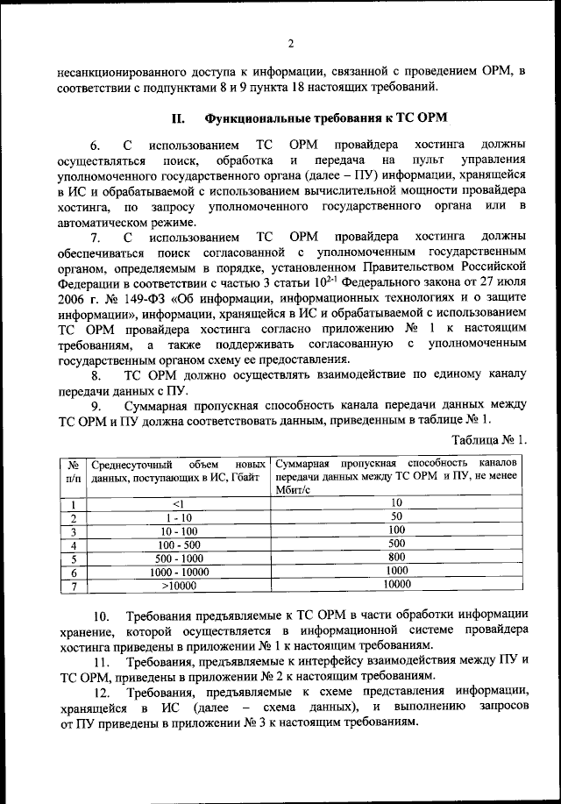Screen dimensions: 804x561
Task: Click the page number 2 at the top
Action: (289, 43)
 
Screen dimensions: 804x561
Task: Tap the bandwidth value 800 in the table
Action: (396, 558)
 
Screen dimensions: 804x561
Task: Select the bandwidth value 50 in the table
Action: (396, 517)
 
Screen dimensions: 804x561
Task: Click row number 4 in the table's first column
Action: (74, 544)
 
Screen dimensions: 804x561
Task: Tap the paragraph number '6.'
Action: (96, 144)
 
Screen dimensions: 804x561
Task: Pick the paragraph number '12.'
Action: (103, 694)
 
